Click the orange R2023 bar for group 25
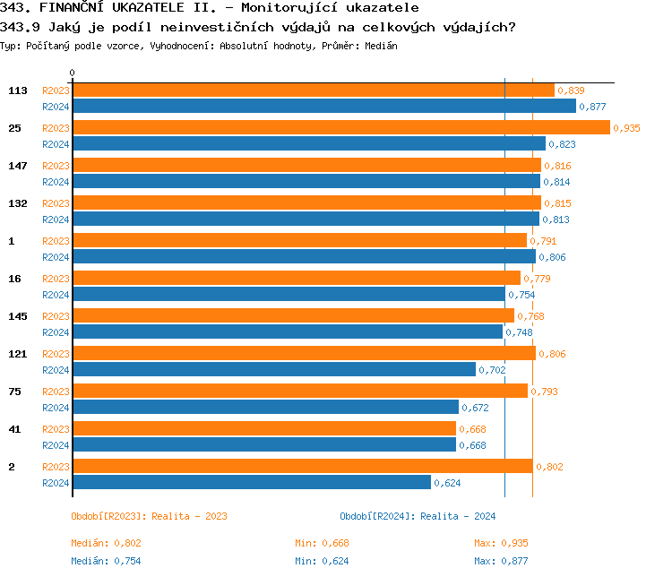tap(340, 127)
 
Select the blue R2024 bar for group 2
tap(251, 482)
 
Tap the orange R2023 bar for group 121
tap(304, 353)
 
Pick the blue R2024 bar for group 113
tap(323, 106)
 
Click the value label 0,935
tap(627, 128)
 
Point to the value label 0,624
tap(448, 483)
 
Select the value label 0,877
tap(593, 107)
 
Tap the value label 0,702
tap(493, 370)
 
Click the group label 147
tap(18, 166)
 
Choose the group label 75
tap(14, 392)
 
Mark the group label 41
tap(14, 429)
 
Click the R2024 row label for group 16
tap(56, 295)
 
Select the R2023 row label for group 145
tap(56, 316)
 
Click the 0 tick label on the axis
tap(73, 73)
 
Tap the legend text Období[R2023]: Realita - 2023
tap(149, 516)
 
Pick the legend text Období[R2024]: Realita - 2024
tap(418, 516)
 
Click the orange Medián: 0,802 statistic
tap(106, 543)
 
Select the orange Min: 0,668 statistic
tap(322, 543)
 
